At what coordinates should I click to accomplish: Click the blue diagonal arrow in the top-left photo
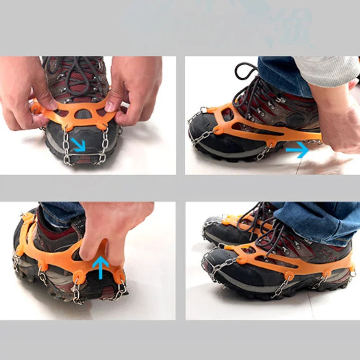(79, 145)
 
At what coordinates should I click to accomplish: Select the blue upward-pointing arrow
(100, 267)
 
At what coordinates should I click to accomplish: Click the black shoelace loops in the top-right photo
(247, 76)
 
